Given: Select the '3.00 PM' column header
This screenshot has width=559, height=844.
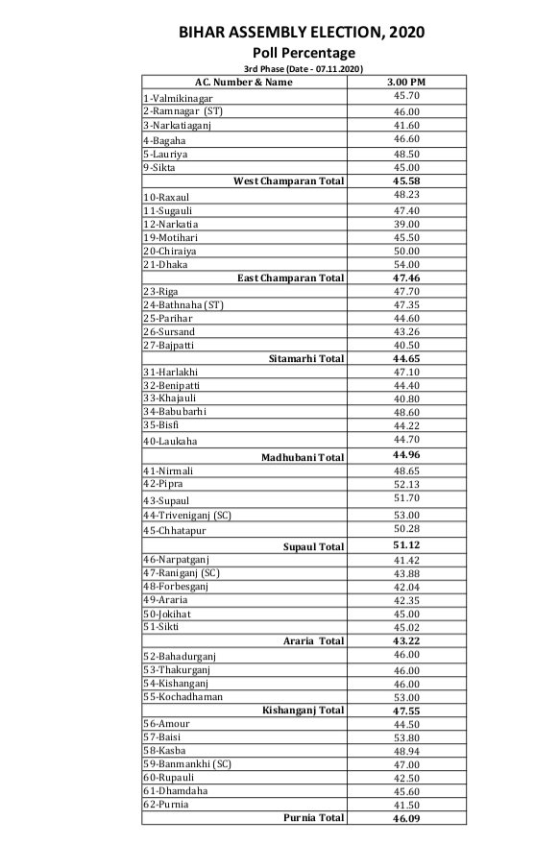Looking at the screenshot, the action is (x=405, y=83).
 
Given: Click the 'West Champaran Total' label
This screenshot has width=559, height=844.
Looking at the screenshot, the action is (x=288, y=181).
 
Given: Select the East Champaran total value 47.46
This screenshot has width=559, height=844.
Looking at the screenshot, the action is (x=405, y=277).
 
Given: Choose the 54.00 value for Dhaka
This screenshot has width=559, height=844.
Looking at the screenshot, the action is (x=405, y=264).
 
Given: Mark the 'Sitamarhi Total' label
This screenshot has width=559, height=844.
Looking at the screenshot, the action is (x=305, y=358).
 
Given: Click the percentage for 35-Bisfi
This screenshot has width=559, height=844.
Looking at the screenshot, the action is (x=405, y=425).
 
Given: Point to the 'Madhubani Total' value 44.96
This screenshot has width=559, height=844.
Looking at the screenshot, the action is (x=405, y=455).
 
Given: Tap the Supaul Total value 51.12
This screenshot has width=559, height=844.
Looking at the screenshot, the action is (x=405, y=545).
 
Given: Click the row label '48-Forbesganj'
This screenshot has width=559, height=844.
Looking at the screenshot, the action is (x=176, y=586).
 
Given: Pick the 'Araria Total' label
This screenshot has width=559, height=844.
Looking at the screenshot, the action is (x=312, y=640).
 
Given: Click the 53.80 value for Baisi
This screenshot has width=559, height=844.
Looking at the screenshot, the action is (x=405, y=736).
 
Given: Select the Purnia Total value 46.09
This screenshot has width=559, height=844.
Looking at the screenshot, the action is (x=405, y=818).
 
